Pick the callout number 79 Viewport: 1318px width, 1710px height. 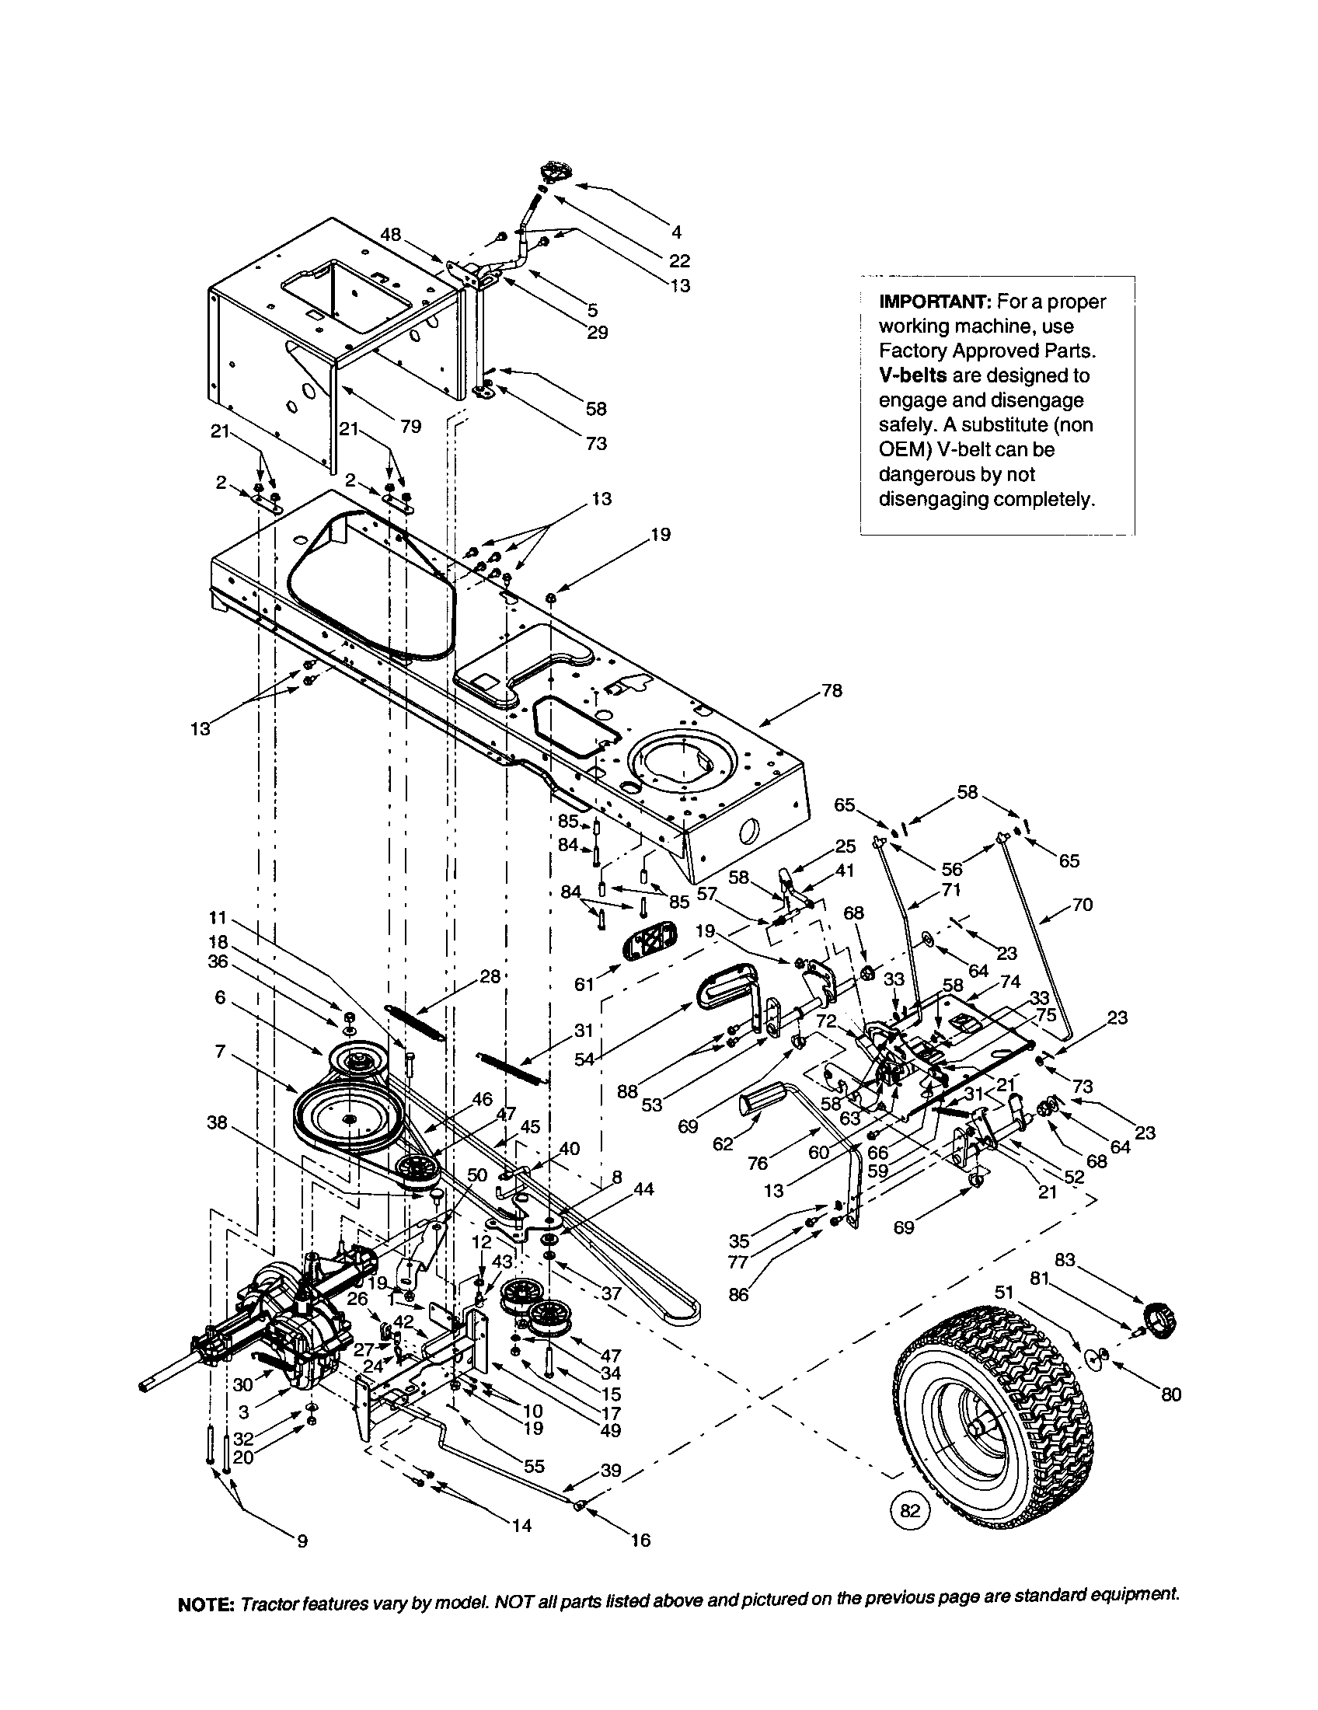point(410,426)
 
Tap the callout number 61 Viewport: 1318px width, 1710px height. point(584,983)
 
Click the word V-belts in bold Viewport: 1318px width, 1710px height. point(912,375)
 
